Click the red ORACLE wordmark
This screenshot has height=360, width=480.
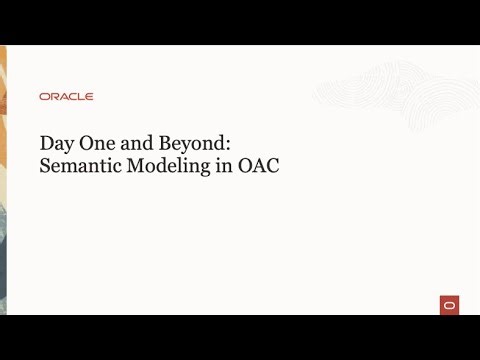tap(66, 97)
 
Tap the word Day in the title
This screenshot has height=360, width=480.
tap(57, 143)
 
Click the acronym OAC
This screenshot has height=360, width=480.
tap(258, 166)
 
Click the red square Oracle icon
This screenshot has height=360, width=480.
tap(449, 305)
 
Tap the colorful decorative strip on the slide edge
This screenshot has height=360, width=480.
tap(3, 180)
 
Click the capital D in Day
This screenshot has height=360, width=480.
tap(46, 142)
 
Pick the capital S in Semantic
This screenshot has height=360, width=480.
tap(44, 166)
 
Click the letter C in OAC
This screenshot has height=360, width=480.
tap(272, 166)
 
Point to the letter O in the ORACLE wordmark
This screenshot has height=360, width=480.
tap(44, 97)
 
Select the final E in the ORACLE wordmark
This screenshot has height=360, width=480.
tap(89, 97)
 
